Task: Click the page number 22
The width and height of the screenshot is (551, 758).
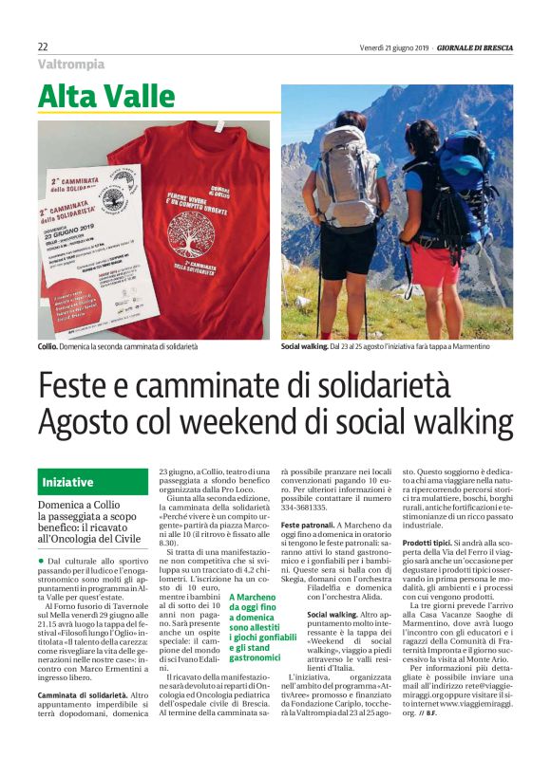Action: click(43, 46)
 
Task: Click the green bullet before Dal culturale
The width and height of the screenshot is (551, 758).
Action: click(42, 562)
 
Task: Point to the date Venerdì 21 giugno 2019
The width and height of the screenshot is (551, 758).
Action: click(393, 46)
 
